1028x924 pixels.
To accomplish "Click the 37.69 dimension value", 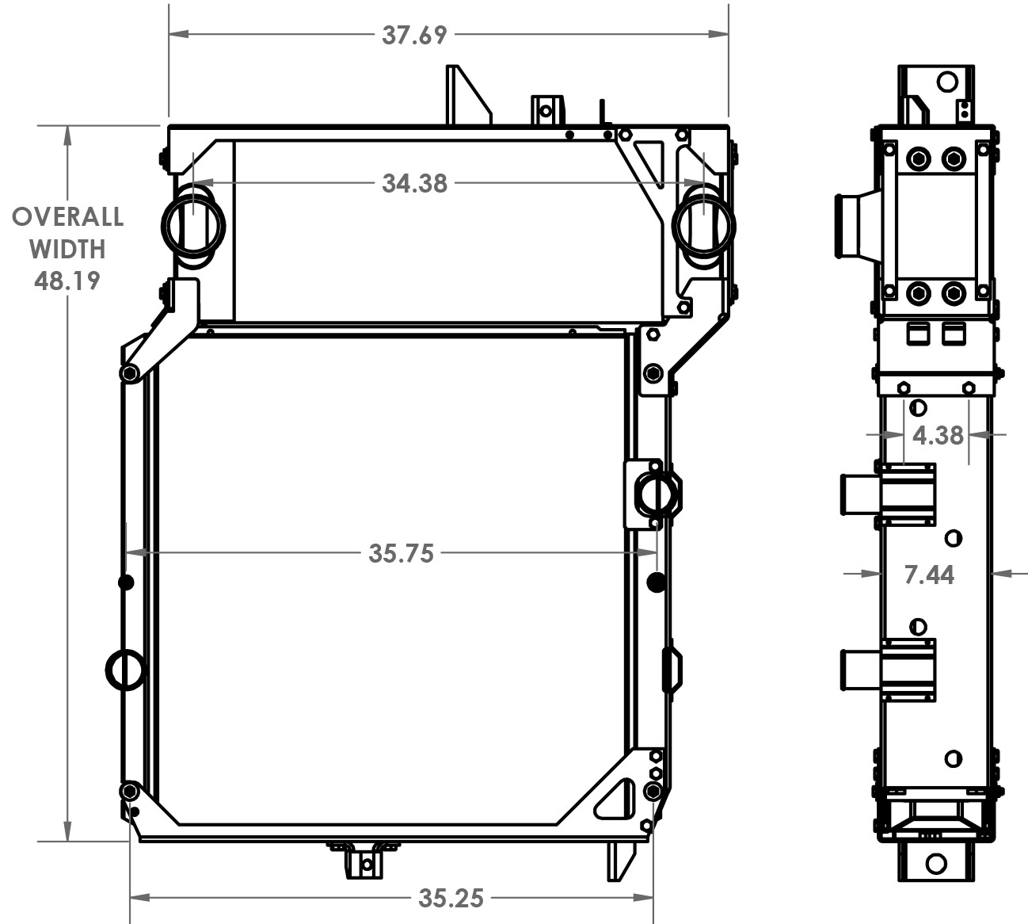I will (414, 35).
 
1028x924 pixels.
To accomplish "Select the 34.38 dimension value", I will (414, 183).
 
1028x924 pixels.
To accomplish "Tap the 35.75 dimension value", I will (401, 553).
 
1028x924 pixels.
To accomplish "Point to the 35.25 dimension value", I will (451, 898).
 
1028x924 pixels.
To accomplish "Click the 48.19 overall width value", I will (67, 280).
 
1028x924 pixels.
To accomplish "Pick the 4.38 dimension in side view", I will (938, 435).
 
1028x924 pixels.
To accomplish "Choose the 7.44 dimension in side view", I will (929, 575).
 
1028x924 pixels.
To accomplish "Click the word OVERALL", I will (67, 216).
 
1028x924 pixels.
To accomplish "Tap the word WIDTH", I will (67, 249).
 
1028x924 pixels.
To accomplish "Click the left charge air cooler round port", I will (192, 223).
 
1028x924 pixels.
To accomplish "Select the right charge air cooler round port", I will (704, 223).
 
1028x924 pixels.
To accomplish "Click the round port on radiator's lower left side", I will (125, 670).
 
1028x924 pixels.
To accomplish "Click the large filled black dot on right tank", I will (655, 582).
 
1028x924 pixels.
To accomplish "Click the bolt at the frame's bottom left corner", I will (129, 791).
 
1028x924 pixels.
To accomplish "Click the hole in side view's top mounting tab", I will (946, 81).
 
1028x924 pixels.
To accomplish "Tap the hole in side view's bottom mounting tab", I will (936, 863).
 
